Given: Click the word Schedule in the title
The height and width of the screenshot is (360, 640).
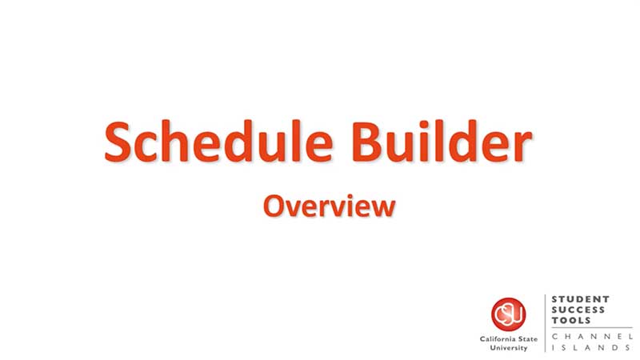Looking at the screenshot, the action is coord(218,142).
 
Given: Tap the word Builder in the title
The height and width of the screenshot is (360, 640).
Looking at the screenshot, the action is coord(442,142).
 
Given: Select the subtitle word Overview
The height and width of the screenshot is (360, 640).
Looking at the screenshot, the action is coord(330,206).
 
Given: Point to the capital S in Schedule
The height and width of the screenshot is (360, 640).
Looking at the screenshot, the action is coord(118,142).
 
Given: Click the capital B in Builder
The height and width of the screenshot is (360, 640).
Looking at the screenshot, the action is coord(366,142).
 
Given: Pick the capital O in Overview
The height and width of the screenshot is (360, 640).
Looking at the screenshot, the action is coord(274,206).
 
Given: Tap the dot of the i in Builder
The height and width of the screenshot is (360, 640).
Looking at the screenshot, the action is coord(424,125).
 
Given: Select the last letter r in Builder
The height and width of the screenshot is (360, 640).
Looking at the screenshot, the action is coord(522,147).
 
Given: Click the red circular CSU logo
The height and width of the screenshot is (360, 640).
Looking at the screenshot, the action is coord(508,314).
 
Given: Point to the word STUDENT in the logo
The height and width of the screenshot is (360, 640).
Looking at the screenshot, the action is coord(580,299).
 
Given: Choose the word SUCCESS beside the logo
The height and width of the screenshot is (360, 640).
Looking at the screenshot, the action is coord(578,310).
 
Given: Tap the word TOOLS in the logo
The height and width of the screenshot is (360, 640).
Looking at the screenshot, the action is coord(571,321).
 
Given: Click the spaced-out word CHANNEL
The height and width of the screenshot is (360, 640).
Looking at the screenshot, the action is coord(592,336).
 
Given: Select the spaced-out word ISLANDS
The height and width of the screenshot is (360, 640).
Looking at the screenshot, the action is coord(591,348).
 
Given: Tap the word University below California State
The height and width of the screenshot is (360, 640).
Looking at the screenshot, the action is coord(509,348).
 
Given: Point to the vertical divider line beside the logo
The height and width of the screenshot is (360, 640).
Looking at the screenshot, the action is coord(546,323).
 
